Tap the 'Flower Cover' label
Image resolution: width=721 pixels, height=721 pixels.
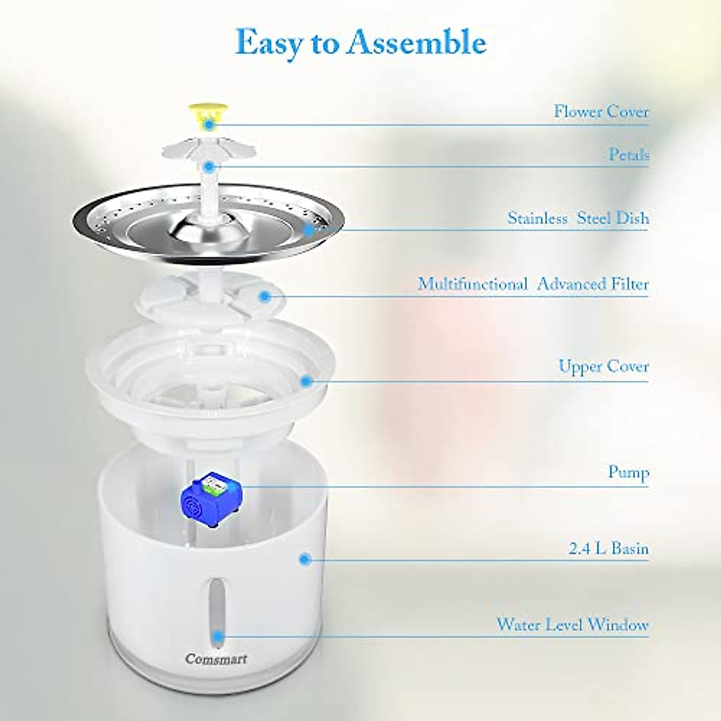[x=601, y=112]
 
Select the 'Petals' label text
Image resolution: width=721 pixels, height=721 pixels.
[x=628, y=155]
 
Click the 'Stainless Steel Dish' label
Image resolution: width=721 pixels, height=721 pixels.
[x=578, y=218]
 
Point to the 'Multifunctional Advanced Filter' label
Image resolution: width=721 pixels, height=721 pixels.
[x=533, y=284]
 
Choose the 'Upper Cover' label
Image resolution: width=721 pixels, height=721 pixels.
[x=603, y=366]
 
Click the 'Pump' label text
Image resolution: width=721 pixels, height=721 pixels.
[x=628, y=472]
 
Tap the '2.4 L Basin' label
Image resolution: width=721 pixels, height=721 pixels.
[x=608, y=549]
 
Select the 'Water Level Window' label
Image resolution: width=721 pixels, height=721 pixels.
[x=572, y=624]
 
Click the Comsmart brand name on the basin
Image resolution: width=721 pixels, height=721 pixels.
[x=216, y=659]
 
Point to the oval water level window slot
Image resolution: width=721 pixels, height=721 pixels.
[x=216, y=607]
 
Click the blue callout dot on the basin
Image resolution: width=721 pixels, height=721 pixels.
[x=305, y=559]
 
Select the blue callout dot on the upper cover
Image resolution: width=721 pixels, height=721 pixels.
[x=306, y=380]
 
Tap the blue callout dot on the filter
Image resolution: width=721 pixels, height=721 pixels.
[x=264, y=295]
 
